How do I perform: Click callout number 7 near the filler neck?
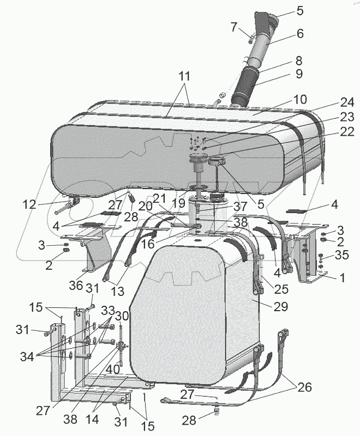[x=233, y=26]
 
